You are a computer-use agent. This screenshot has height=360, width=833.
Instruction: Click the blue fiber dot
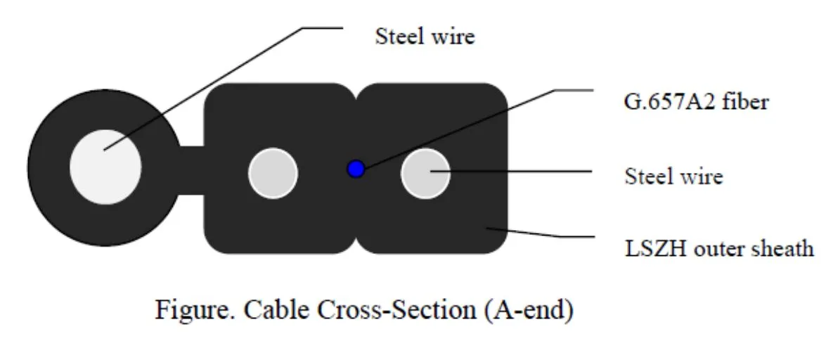356,169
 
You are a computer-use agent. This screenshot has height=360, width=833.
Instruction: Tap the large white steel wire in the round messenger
105,167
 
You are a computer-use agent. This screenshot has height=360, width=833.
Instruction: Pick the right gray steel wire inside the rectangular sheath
425,173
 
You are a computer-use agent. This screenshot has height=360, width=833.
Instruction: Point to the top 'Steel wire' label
425,36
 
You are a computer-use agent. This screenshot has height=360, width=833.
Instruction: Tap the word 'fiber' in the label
747,102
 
